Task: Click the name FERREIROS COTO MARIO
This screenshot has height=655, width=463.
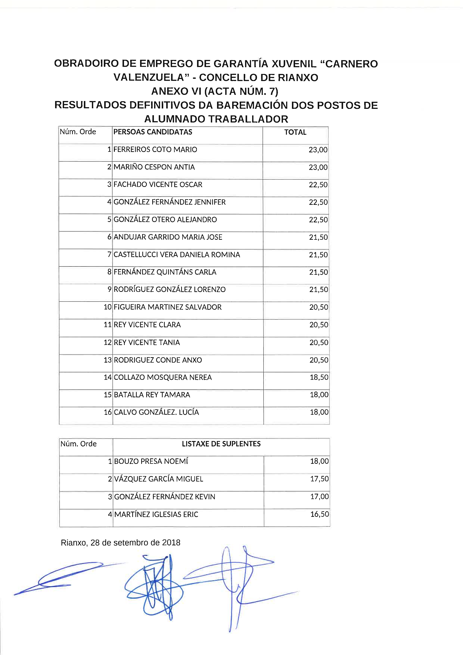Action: pyautogui.click(x=155, y=150)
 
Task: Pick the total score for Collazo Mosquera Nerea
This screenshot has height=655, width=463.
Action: pyautogui.click(x=319, y=377)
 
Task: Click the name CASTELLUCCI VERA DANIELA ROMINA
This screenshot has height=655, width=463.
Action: pyautogui.click(x=176, y=254)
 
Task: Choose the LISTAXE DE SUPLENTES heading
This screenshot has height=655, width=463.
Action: pyautogui.click(x=221, y=444)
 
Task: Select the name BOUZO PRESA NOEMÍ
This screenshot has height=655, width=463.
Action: pyautogui.click(x=151, y=461)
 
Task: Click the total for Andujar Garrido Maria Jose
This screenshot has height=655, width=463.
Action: pyautogui.click(x=318, y=237)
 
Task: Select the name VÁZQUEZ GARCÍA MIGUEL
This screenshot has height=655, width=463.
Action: pyautogui.click(x=159, y=479)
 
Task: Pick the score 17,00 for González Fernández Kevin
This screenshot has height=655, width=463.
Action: pyautogui.click(x=320, y=496)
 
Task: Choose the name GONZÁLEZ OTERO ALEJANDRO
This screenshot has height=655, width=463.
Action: pyautogui.click(x=165, y=219)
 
